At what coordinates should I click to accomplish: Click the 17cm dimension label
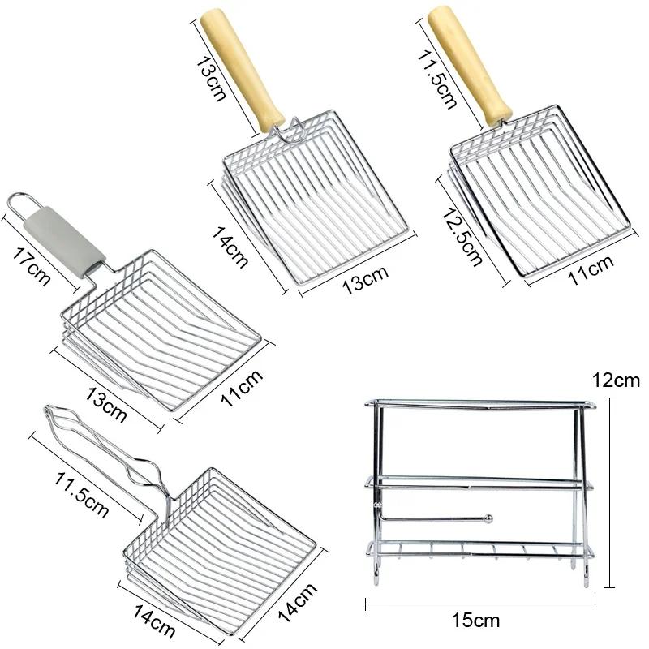[x=31, y=266]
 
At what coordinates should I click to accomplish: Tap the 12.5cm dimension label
[x=462, y=237]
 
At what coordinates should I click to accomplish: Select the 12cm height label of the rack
[x=616, y=380]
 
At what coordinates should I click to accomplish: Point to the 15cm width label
[x=476, y=621]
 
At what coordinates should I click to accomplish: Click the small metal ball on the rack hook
[x=488, y=518]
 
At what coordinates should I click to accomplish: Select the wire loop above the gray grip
[x=23, y=202]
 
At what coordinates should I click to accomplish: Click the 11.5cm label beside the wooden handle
[x=436, y=79]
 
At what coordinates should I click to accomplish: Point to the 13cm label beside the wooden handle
[x=211, y=79]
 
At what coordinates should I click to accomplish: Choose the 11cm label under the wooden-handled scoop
[x=591, y=270]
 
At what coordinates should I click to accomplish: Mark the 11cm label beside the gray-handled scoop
[x=242, y=387]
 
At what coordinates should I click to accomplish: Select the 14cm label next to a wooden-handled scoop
[x=230, y=247]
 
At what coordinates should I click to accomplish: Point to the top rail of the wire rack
[x=480, y=404]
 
